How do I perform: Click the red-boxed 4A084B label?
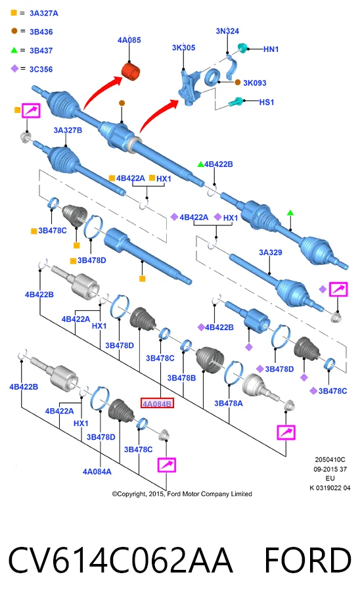pyautogui.click(x=157, y=404)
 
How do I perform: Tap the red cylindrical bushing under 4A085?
pyautogui.click(x=131, y=72)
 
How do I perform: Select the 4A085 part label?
pyautogui.click(x=129, y=40)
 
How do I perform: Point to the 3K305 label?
pyautogui.click(x=184, y=48)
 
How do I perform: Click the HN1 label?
pyautogui.click(x=271, y=49)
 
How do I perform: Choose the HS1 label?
pyautogui.click(x=267, y=102)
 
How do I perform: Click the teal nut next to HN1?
pyautogui.click(x=243, y=49)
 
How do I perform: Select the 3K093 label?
pyautogui.click(x=255, y=83)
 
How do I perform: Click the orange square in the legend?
pyautogui.click(x=14, y=12)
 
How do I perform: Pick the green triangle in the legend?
pyautogui.click(x=14, y=50)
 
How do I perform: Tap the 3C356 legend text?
pyautogui.click(x=41, y=70)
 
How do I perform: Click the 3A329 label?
pyautogui.click(x=271, y=252)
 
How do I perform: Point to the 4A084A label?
pyautogui.click(x=97, y=471)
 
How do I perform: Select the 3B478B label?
pyautogui.click(x=181, y=378)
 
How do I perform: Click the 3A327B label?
pyautogui.click(x=68, y=130)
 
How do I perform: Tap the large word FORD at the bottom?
pyautogui.click(x=307, y=560)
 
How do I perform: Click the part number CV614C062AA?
pyautogui.click(x=120, y=560)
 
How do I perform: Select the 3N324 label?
pyautogui.click(x=227, y=31)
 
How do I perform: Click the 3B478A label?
pyautogui.click(x=229, y=404)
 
